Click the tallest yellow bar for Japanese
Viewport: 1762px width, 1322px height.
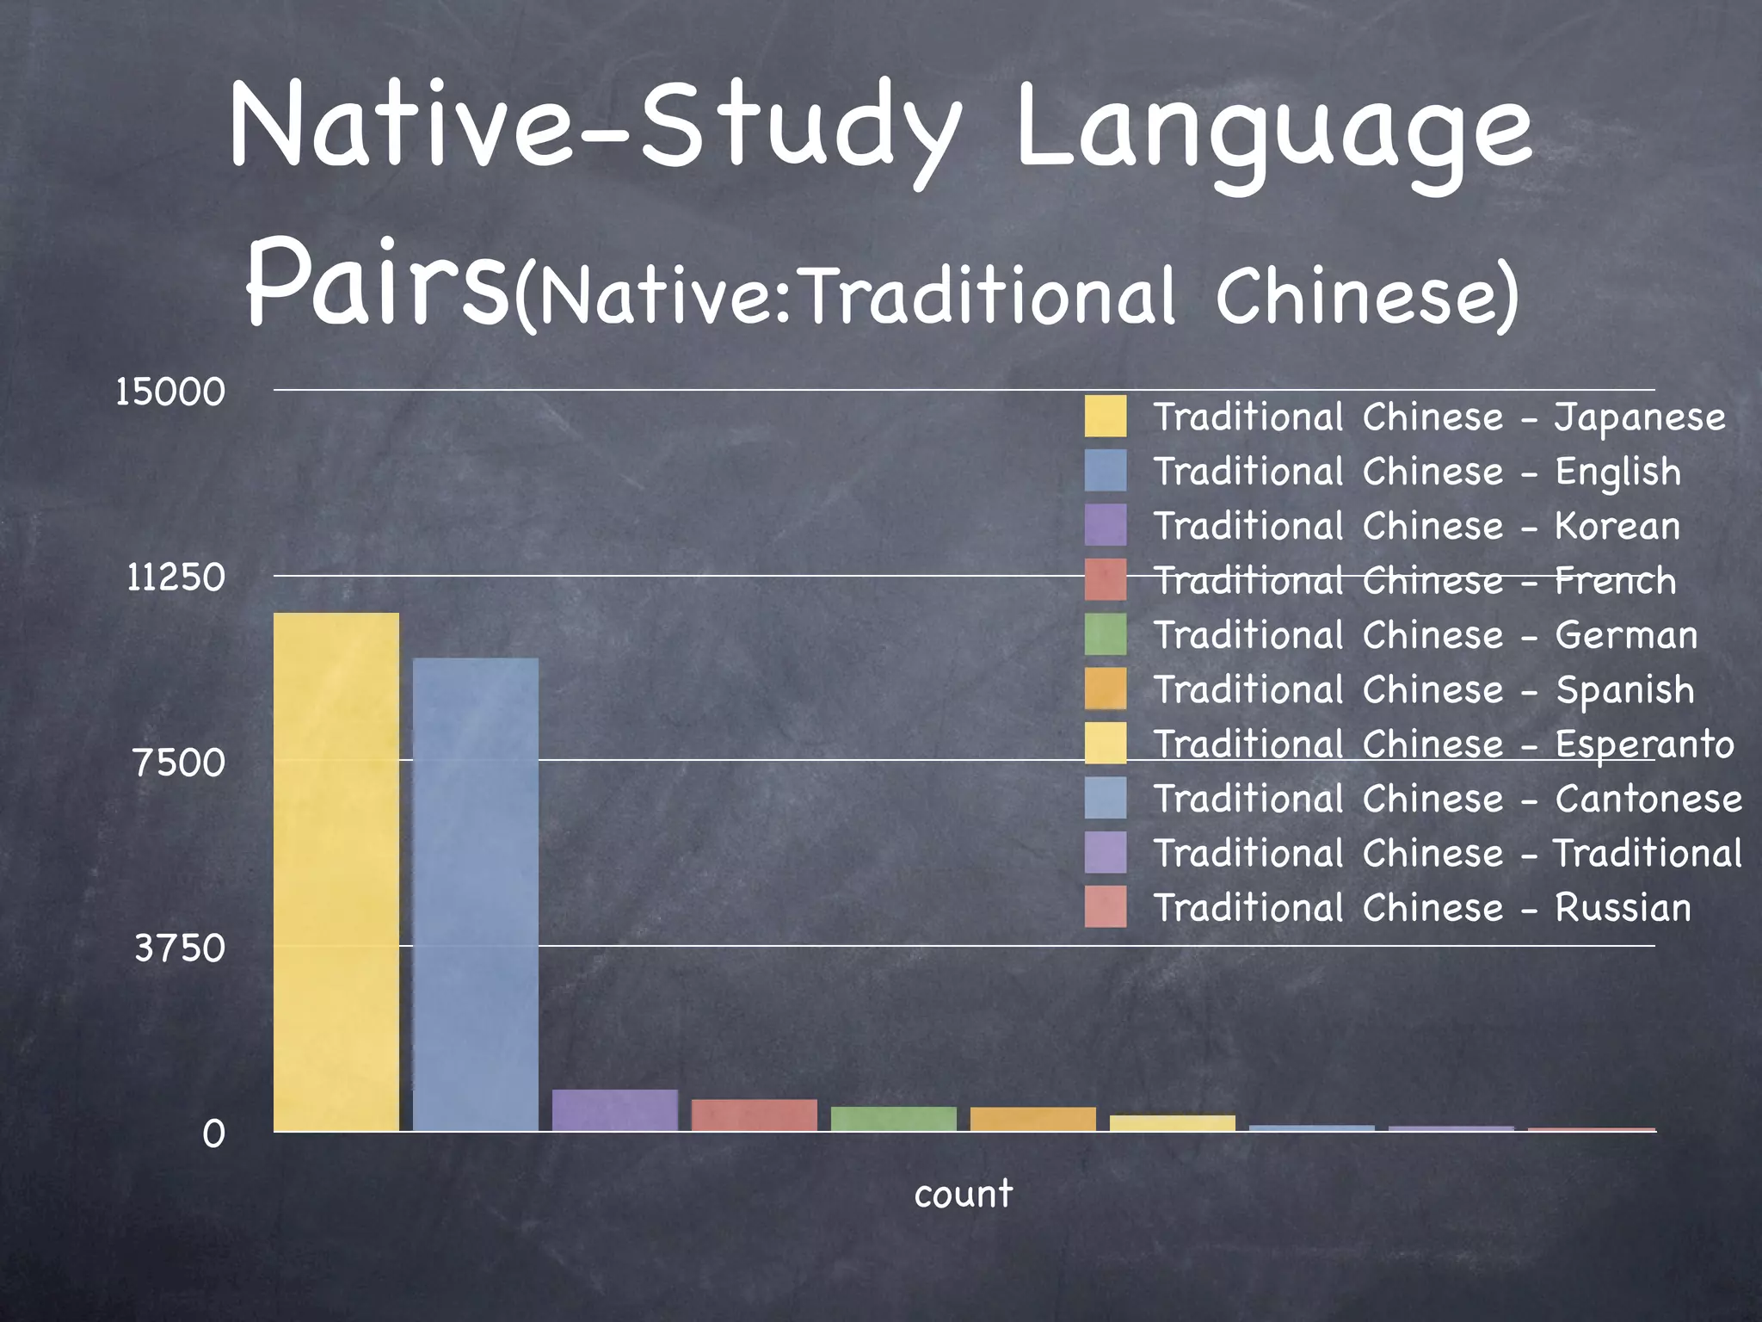coord(336,871)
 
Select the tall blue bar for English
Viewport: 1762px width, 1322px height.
coord(476,894)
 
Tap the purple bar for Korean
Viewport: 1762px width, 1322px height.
coord(615,1110)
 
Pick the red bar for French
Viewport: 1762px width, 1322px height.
coord(755,1115)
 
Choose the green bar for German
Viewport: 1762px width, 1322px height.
coord(894,1119)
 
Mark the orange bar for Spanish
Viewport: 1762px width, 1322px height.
coord(1033,1119)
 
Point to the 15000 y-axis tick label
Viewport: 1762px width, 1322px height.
coord(170,392)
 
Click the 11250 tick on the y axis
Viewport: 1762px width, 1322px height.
coord(176,578)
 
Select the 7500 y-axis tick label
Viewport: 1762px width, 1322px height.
coord(179,763)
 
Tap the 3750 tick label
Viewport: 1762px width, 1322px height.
coord(180,948)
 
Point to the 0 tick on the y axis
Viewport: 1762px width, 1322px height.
coord(213,1134)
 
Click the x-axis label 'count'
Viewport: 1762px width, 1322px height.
coord(964,1194)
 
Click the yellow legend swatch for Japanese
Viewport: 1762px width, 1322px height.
coord(1106,417)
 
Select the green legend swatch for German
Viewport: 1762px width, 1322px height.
coord(1106,634)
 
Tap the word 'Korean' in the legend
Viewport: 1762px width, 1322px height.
coord(1617,526)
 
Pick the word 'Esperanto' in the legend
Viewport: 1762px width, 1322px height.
coord(1644,744)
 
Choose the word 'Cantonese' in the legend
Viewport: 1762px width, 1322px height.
coord(1648,799)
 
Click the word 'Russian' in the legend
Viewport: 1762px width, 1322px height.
coord(1623,908)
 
